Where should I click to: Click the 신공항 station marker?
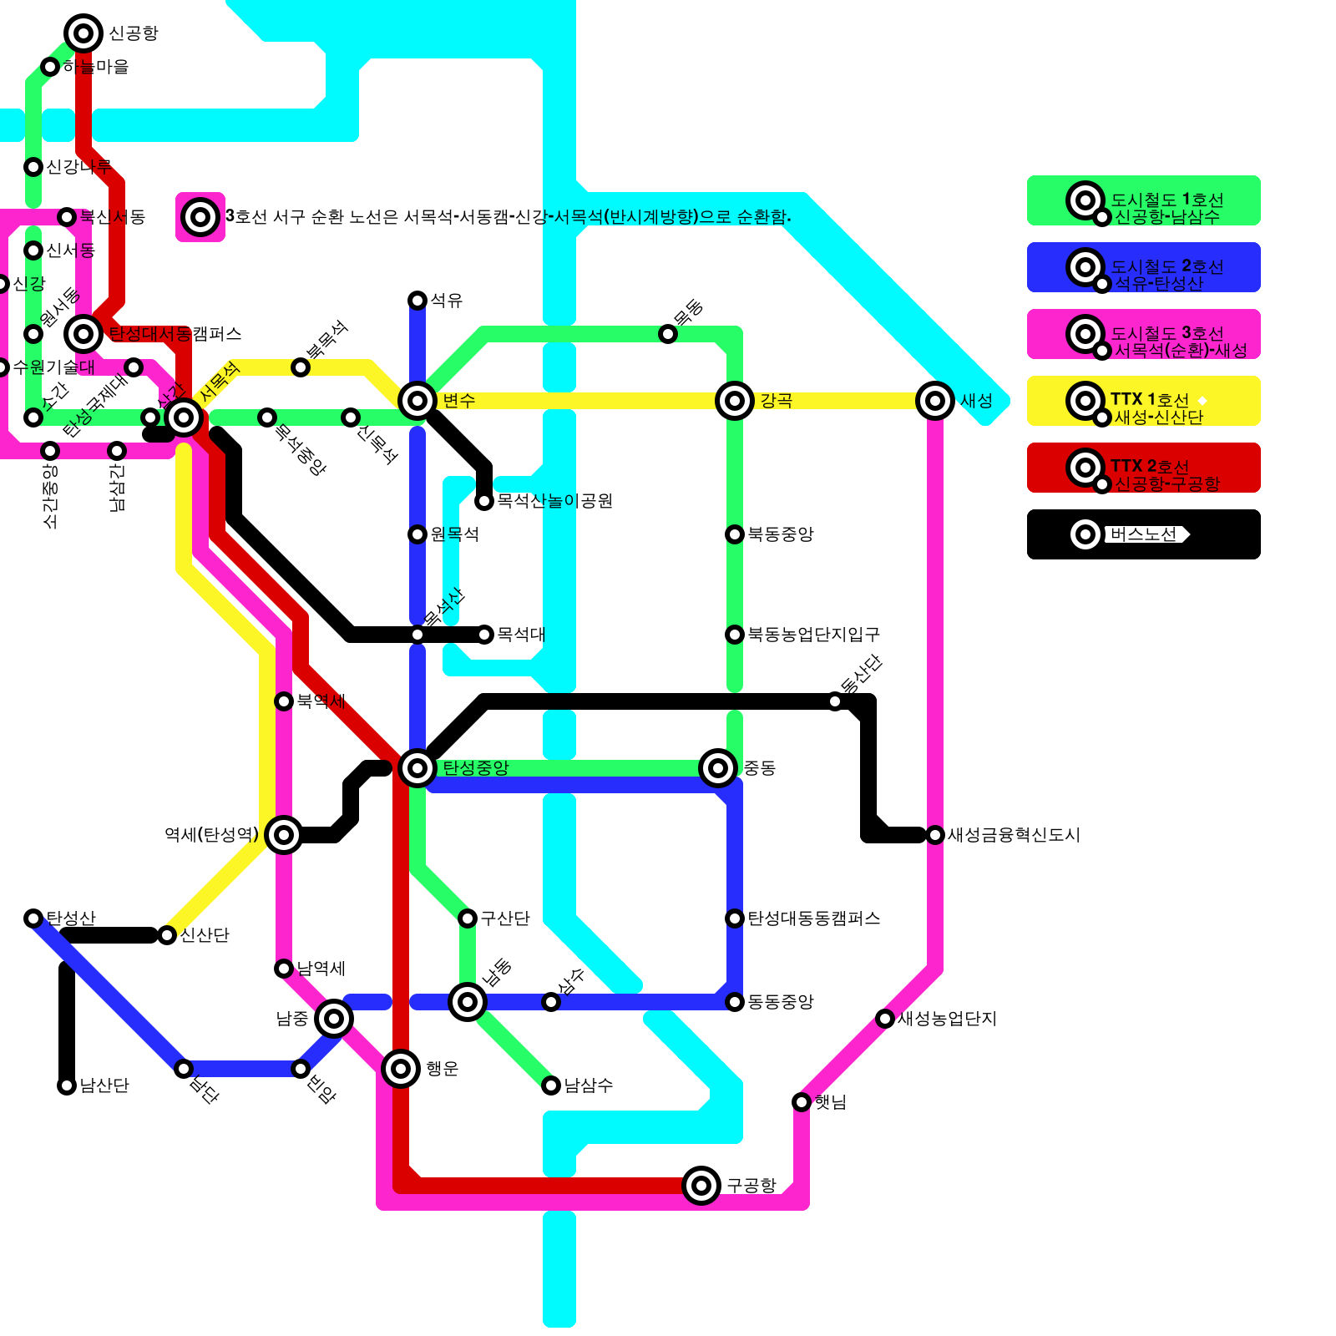coord(83,33)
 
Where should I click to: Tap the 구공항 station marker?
coord(701,1185)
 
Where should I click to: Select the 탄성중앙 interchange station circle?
coord(417,767)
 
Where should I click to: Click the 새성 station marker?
coord(935,401)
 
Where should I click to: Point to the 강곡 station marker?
coord(735,401)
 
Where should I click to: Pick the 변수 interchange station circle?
coord(417,401)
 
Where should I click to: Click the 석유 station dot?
coord(417,300)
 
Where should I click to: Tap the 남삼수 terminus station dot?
coord(551,1085)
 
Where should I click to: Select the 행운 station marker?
coord(401,1068)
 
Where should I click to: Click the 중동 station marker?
coord(718,767)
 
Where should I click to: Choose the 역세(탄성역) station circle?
coord(284,834)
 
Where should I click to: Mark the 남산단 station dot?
coord(67,1085)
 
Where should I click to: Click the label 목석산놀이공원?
coord(554,501)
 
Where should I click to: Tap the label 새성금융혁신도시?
coord(1014,835)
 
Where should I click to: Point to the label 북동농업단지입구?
coord(813,635)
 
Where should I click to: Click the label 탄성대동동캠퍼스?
coord(813,918)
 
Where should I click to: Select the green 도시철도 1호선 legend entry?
coord(1143,200)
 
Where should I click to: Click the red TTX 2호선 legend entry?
coord(1143,468)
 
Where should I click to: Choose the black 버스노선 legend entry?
coord(1143,534)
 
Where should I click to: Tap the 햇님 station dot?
coord(802,1102)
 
